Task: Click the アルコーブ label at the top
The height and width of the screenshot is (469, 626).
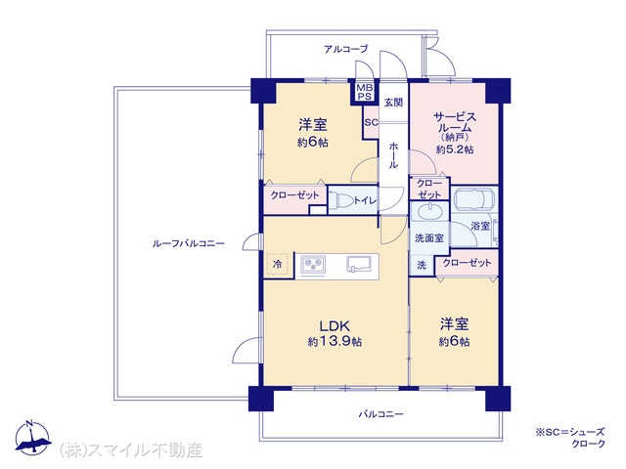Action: point(346,49)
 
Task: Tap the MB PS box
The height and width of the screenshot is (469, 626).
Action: point(364,92)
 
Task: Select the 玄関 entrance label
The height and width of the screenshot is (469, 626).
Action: point(393,103)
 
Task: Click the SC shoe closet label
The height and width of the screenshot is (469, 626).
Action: point(371,122)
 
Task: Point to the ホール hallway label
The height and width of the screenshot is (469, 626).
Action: point(393,155)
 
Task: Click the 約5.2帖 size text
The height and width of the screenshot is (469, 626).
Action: point(455,149)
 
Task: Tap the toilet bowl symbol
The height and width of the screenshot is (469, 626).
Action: point(341,199)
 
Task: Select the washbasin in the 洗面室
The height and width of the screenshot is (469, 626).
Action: point(429,211)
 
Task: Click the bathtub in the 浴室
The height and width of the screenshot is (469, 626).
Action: point(474,196)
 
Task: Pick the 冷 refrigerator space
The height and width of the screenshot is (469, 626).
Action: point(277,264)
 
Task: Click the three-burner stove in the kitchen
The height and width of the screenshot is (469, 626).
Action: point(313,264)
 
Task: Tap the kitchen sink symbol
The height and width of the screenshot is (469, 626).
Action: point(359,264)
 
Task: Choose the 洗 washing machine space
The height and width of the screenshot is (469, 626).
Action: point(422,265)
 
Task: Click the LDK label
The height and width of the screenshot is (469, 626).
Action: point(335,325)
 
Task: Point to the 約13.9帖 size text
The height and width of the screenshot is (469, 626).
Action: point(335,342)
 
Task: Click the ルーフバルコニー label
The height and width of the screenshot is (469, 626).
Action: point(189,243)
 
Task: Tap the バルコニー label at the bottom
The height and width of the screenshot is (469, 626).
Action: point(380,414)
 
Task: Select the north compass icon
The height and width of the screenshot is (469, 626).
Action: point(32,438)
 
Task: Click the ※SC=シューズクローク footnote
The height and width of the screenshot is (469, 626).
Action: point(570,437)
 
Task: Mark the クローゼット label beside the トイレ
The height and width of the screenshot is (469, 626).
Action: point(294,195)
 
